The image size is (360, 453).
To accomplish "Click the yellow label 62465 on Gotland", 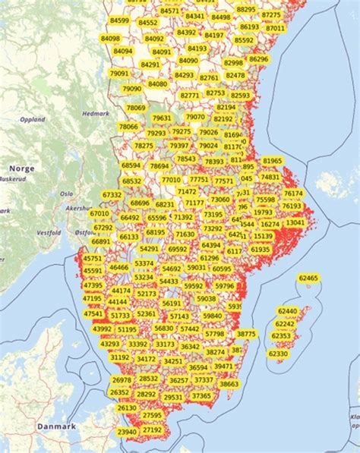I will (309, 278).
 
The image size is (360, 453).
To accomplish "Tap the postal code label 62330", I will (279, 354).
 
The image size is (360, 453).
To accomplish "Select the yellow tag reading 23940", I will (128, 431).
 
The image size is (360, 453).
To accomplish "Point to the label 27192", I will (153, 429).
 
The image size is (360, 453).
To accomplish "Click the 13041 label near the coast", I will (295, 222).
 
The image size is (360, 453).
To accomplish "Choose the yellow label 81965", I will (272, 161).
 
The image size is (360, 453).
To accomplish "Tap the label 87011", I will (276, 28).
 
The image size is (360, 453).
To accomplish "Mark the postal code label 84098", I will (111, 38).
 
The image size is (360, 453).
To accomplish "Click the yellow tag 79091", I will (120, 74).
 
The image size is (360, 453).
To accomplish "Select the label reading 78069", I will (136, 108).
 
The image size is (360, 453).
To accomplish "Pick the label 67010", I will (99, 213).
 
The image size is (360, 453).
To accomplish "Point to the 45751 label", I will (93, 259).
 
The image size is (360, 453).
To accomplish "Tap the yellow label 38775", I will (246, 334).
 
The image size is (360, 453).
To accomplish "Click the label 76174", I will (293, 193).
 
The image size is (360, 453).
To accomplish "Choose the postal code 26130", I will (128, 407).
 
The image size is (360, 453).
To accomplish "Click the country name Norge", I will (22, 168).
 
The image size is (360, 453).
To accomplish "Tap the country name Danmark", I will (58, 426).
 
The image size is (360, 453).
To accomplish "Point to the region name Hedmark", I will (95, 113).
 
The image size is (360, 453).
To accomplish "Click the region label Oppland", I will (33, 119).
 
